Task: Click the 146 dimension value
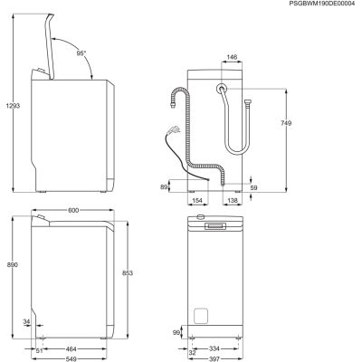pyautogui.click(x=231, y=56)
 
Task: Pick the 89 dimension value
pyautogui.click(x=164, y=186)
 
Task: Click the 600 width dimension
pyautogui.click(x=73, y=210)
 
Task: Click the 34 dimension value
pyautogui.click(x=27, y=321)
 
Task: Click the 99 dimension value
pyautogui.click(x=176, y=332)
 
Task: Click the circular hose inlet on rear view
pyautogui.click(x=221, y=89)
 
